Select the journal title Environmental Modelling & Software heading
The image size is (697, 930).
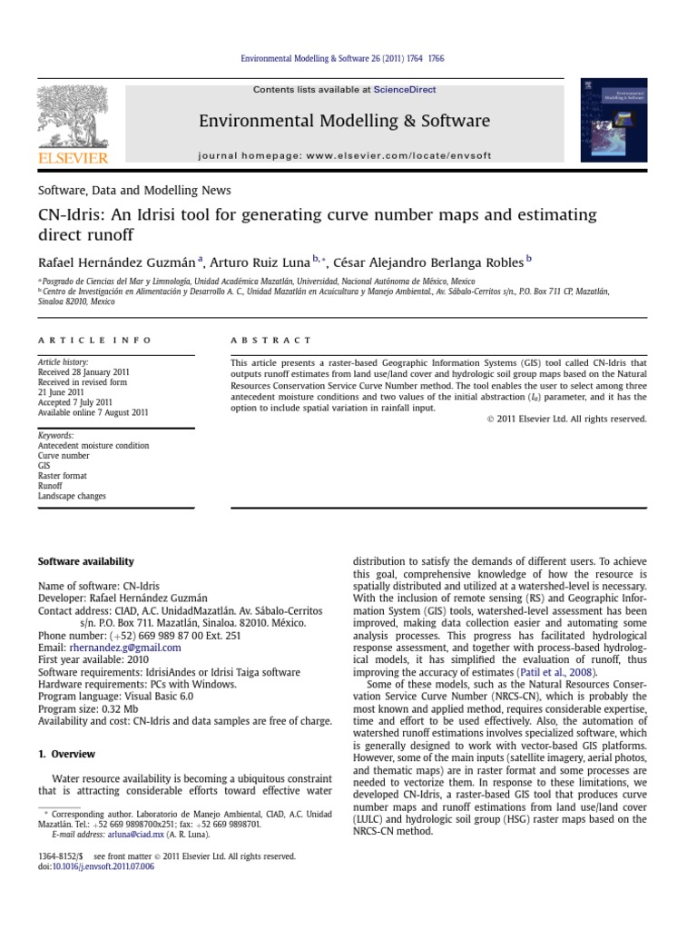[x=344, y=121]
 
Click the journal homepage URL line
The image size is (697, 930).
[x=344, y=155]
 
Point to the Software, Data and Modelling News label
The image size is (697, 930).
[x=134, y=191]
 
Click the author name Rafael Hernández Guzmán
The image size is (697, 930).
[x=123, y=263]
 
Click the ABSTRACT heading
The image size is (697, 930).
[x=270, y=341]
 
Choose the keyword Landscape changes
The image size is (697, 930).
[x=72, y=497]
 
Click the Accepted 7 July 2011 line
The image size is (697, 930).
[x=75, y=402]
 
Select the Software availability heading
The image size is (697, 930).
[x=85, y=562]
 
